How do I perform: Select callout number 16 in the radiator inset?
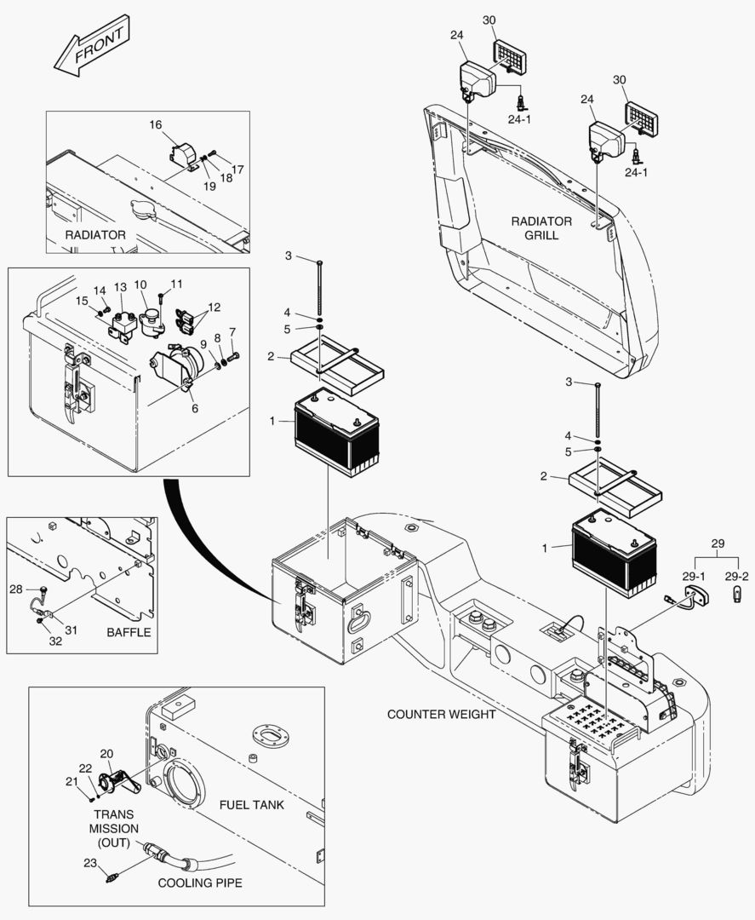coord(156,125)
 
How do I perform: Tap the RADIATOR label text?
coord(95,235)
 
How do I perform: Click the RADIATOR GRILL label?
coord(541,228)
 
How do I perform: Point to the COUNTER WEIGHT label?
coord(441,714)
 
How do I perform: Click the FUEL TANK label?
coord(251,804)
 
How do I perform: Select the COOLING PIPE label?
coord(201,883)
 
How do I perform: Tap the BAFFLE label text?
coord(129,632)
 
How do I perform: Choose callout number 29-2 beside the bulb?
coord(737,577)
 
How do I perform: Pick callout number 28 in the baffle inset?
coord(16,589)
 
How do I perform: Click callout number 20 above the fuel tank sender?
coord(106,753)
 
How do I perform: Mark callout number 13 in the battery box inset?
coord(120,286)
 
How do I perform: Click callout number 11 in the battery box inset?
coord(176,284)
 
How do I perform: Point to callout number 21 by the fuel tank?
coord(71,781)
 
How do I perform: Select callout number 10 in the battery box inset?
coord(140,284)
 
